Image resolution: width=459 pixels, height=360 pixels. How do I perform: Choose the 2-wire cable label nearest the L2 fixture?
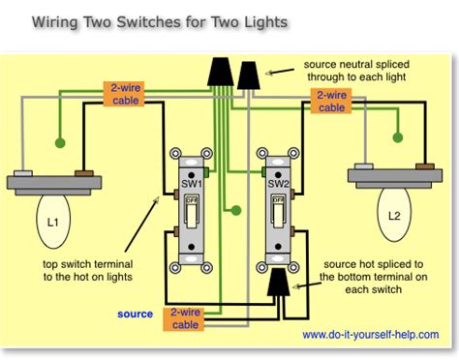point(331,101)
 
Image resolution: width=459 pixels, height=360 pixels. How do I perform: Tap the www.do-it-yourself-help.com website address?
point(373,337)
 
